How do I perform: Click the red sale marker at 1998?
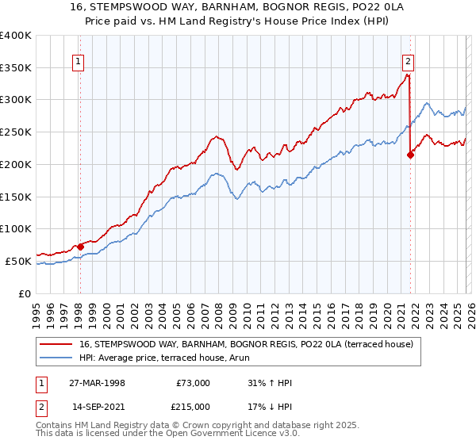coord(80,246)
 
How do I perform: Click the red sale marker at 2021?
coord(410,155)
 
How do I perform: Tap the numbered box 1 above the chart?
coord(80,61)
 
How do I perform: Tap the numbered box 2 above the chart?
coord(408,61)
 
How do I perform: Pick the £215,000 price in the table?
coord(194,407)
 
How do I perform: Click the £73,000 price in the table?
coord(194,383)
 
